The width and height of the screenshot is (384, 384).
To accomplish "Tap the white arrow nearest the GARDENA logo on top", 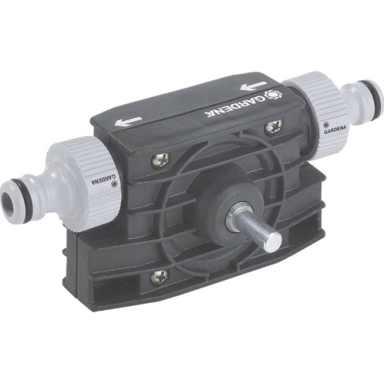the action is coord(253,86).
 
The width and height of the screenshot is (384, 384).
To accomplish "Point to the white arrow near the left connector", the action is coord(128,121).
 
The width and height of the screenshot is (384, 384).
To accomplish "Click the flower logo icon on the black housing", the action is coord(274,96).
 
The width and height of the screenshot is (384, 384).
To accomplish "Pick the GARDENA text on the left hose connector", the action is coord(103,179).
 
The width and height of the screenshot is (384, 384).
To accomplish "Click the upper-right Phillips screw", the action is coord(274,127).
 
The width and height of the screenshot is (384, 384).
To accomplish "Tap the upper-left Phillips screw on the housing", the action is coord(161,161).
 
